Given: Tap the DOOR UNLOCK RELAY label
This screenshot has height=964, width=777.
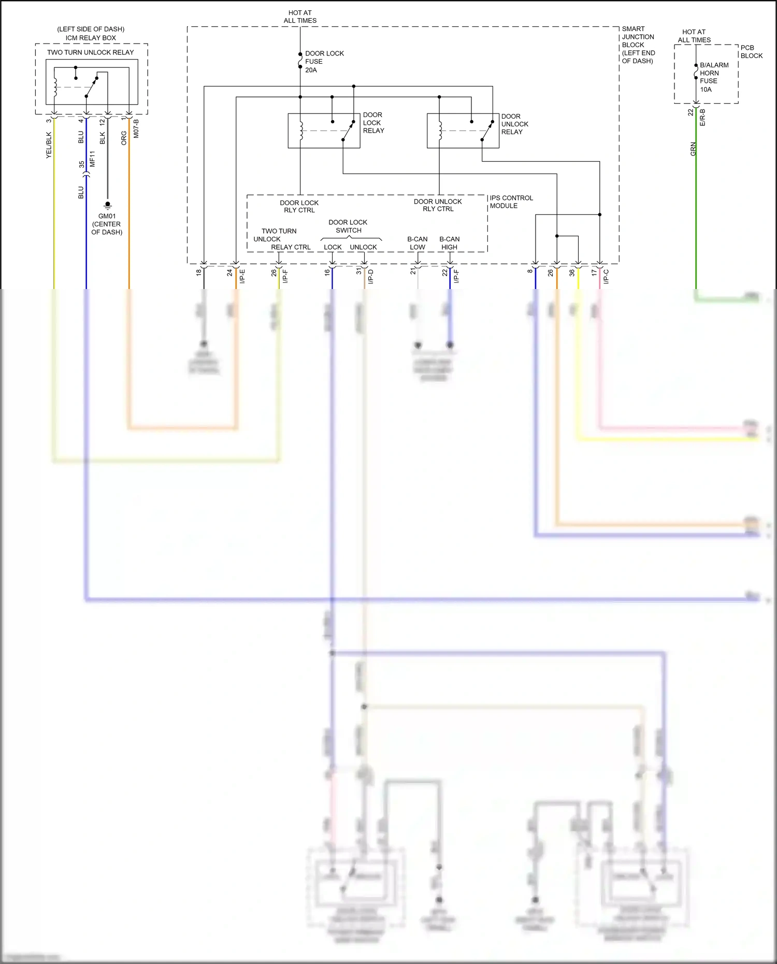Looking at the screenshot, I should tap(514, 124).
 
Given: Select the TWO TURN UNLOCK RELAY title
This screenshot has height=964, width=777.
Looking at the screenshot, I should tap(90, 52).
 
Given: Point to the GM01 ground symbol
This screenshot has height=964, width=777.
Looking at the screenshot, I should tap(108, 205).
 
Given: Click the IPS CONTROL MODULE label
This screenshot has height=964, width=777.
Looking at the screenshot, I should tap(511, 202).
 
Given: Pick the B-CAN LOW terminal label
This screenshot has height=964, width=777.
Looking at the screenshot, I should tap(417, 243).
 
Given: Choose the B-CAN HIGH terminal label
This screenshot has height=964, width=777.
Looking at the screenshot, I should tap(449, 243).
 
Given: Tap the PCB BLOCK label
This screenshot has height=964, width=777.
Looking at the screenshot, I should tap(751, 52).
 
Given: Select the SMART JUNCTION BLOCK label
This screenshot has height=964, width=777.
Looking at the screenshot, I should tap(638, 45).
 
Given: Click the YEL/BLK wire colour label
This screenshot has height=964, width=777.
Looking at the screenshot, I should tap(49, 145).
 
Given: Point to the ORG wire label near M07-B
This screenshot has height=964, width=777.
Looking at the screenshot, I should tap(124, 138).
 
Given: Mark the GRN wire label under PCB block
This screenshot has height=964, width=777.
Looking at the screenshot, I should tap(693, 149).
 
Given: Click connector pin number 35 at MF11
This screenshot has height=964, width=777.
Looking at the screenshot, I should tap(81, 165).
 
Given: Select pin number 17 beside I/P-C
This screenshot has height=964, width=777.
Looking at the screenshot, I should tap(594, 272).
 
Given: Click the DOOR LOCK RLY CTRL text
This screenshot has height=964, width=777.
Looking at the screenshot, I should tap(299, 206).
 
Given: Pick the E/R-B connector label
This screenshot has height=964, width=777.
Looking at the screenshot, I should tap(703, 118).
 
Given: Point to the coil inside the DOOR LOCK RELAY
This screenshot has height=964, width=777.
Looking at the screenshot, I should tap(301, 131).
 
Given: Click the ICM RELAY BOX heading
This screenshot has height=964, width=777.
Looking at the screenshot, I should tap(91, 38).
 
